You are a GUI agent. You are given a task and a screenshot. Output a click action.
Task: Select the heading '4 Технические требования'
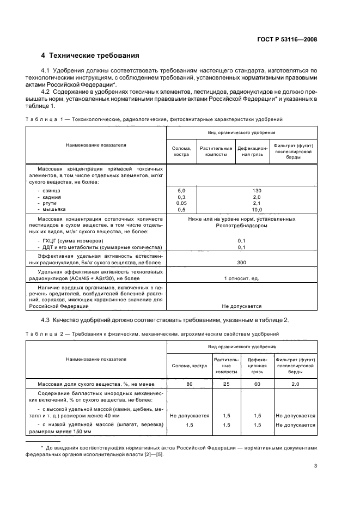click(90, 56)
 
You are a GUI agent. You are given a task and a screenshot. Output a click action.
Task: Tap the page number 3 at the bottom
click(315, 466)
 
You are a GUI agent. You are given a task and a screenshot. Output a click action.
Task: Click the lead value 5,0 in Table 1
click(182, 191)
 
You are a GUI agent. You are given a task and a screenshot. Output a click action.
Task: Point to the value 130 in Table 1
click(241, 191)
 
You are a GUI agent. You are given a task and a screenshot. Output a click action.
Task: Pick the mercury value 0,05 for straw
click(182, 203)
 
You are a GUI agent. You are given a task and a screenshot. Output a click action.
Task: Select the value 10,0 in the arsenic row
click(241, 210)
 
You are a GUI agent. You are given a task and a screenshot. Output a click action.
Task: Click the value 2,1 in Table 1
click(241, 203)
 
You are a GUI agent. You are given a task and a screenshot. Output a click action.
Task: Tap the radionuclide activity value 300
click(241, 262)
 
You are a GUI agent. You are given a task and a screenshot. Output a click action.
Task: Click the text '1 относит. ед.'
click(241, 278)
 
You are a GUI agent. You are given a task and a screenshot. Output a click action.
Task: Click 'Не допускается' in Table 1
click(241, 306)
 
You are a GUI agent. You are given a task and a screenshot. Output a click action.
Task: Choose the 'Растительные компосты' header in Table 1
click(216, 151)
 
